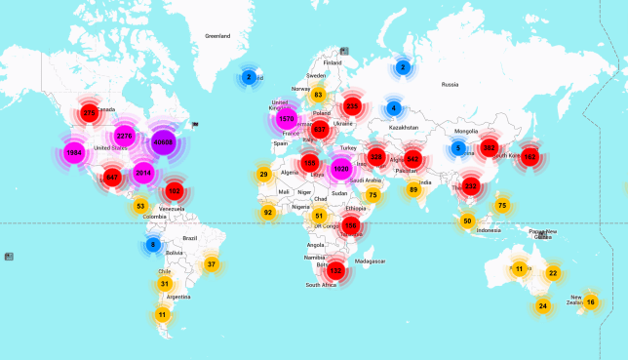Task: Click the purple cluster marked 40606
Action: pos(163,142)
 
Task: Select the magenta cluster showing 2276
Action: pos(124,136)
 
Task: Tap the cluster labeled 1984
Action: pos(74,153)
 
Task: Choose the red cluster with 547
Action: pos(112,177)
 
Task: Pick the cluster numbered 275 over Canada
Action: pos(90,113)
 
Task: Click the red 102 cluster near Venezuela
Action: pos(175,191)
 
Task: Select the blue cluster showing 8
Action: pos(152,245)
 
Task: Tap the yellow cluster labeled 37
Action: pos(212,264)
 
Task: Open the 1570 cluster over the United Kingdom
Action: pos(286,119)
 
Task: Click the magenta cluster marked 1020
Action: pos(340,169)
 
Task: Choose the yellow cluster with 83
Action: pos(317,95)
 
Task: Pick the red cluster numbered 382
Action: pos(490,148)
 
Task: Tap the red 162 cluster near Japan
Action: pos(530,156)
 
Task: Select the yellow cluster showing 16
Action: pos(590,302)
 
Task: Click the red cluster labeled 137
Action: pos(336,270)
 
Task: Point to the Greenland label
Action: pos(217,36)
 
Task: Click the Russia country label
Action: pos(450,85)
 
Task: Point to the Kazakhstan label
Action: pos(404,127)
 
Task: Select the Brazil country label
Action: pos(190,238)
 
